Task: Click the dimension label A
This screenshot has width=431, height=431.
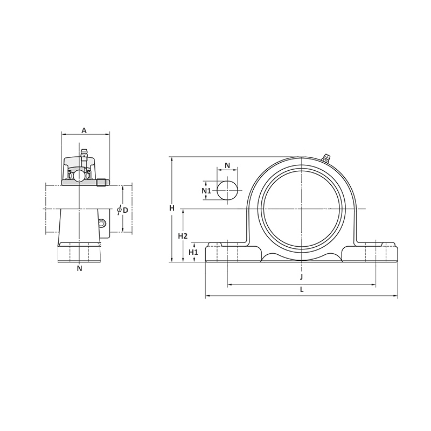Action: pyautogui.click(x=84, y=130)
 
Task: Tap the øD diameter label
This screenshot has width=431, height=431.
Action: pyautogui.click(x=123, y=210)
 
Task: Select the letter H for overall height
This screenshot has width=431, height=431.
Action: pyautogui.click(x=172, y=208)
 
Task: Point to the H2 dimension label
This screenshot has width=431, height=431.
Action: pyautogui.click(x=183, y=236)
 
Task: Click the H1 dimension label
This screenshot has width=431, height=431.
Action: pyautogui.click(x=193, y=252)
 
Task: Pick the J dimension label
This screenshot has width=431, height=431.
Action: pyautogui.click(x=301, y=277)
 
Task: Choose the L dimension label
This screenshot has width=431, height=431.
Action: pyautogui.click(x=302, y=289)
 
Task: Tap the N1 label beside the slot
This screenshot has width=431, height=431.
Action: pyautogui.click(x=206, y=191)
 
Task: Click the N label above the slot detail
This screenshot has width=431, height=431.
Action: pyautogui.click(x=227, y=165)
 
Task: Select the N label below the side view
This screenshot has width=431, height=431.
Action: pyautogui.click(x=79, y=268)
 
